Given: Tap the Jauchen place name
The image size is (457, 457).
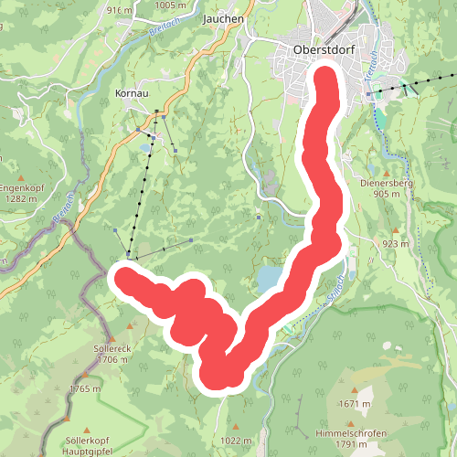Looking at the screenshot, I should point(224,17).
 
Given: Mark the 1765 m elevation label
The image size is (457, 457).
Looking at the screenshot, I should point(84,388).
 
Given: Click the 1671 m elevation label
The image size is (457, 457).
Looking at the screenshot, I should point(354,403).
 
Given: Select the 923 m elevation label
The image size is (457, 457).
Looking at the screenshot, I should point(396,244).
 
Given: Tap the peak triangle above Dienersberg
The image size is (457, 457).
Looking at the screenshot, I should point(388,171).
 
